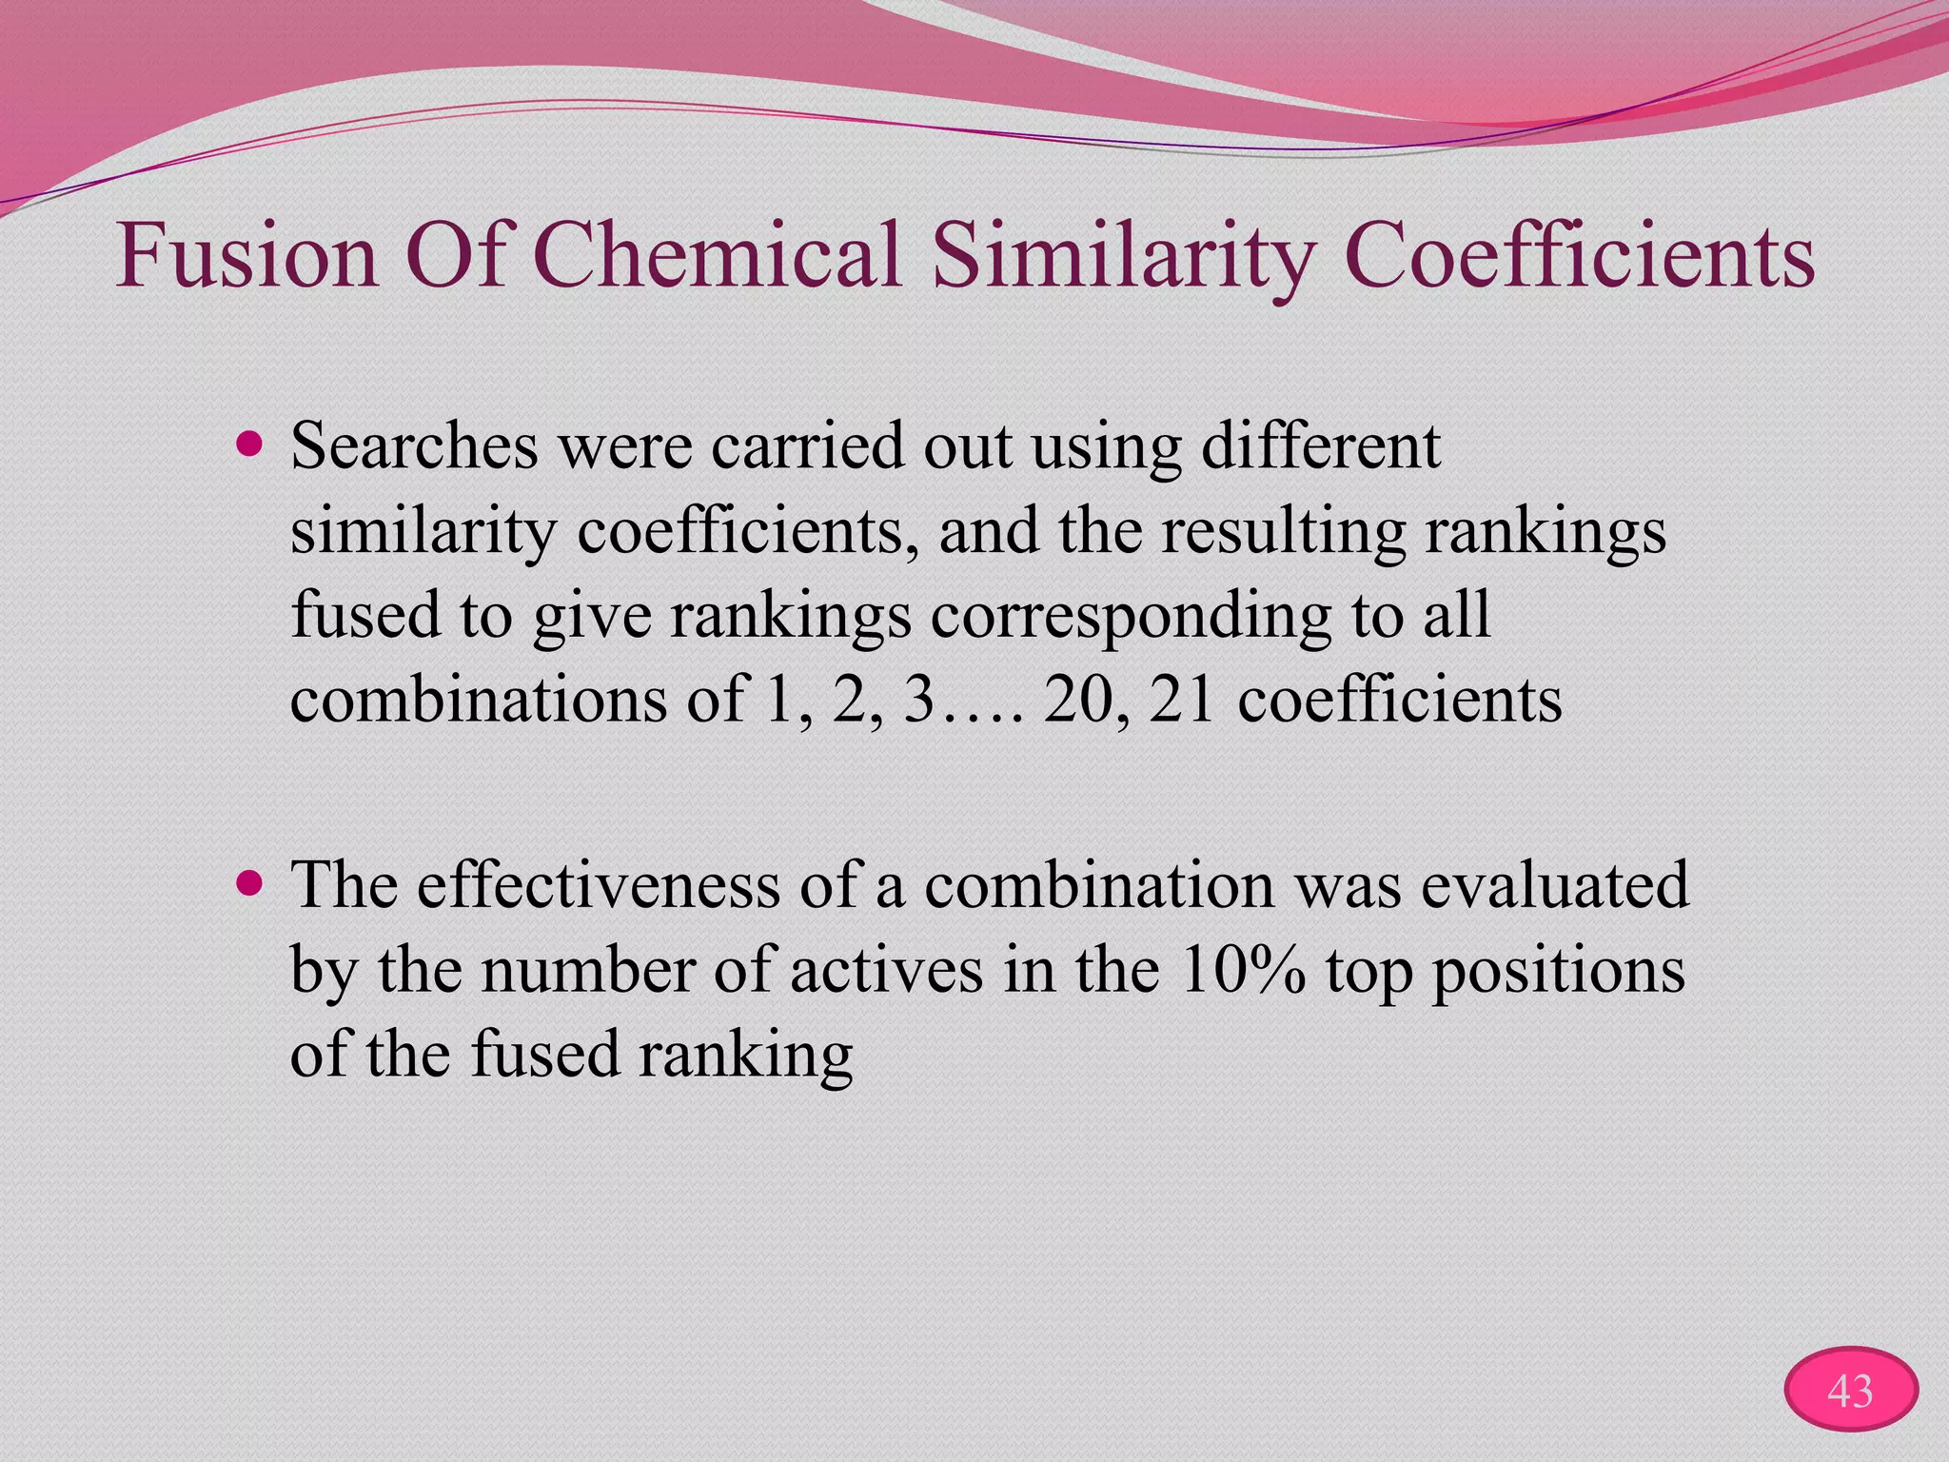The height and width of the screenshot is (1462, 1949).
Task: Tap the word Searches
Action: (414, 446)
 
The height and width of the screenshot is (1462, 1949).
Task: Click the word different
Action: (1321, 446)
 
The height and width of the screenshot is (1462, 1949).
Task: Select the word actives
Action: (886, 970)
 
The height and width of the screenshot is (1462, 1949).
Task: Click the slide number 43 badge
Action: (1850, 1391)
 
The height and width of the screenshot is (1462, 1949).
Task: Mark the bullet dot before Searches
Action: (250, 444)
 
